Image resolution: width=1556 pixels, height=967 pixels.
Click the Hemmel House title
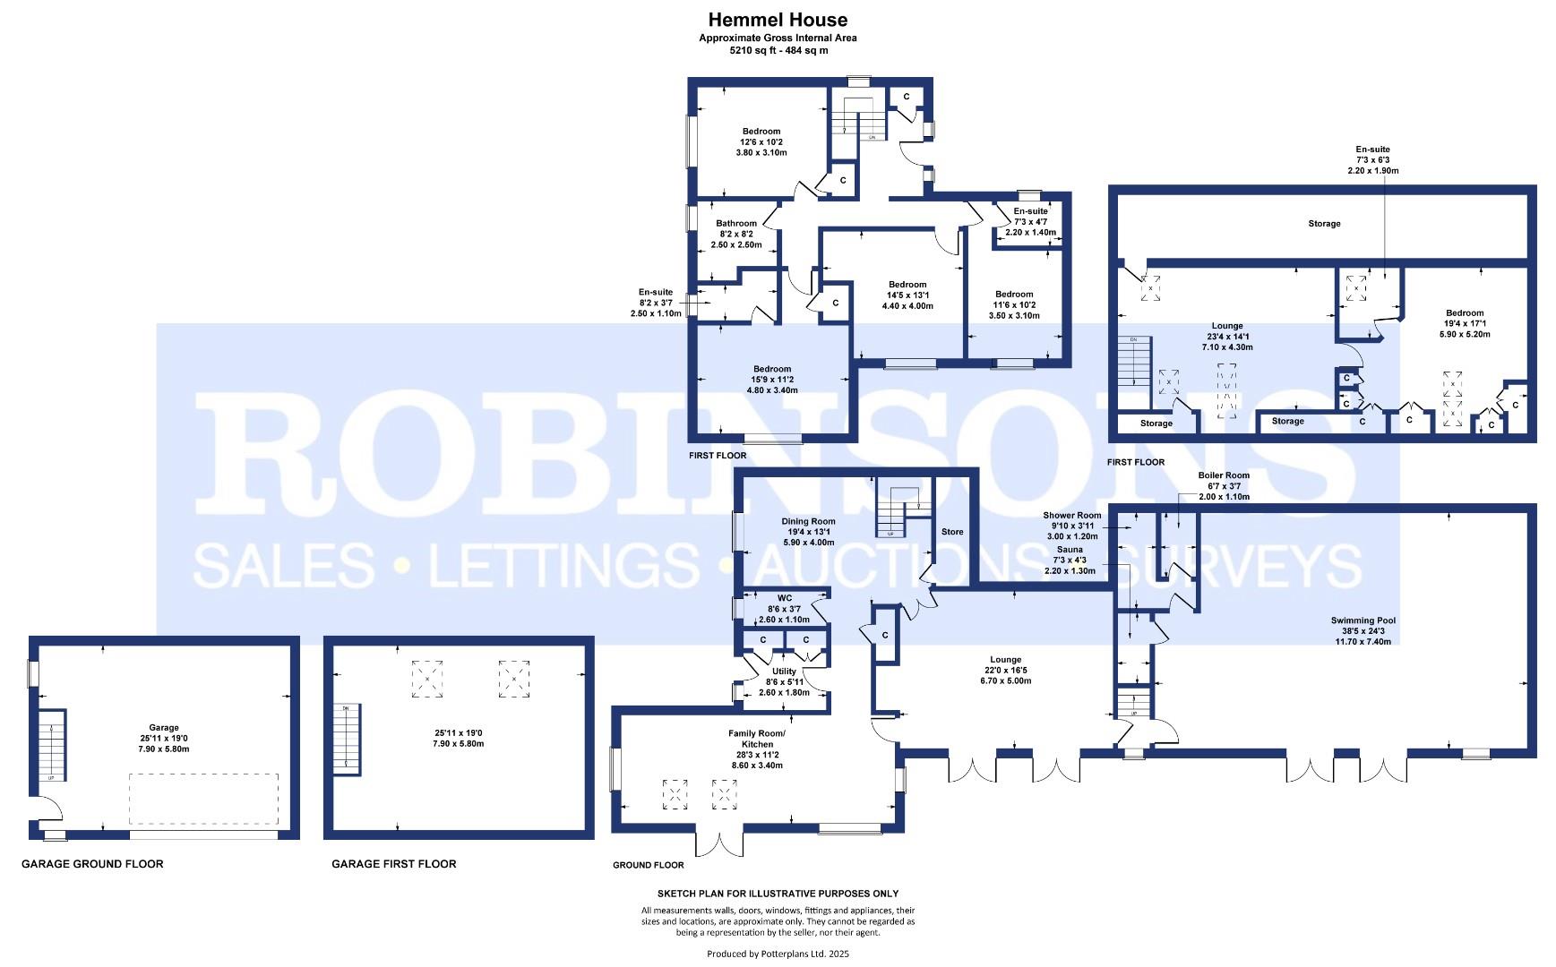point(778,20)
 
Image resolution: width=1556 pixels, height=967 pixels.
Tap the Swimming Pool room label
point(1363,620)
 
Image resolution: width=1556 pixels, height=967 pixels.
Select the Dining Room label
point(809,521)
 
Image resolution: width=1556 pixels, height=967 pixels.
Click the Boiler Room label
point(1224,475)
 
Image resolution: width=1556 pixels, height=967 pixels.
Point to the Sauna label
point(1070,550)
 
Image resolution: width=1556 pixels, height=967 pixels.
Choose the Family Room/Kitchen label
point(757,739)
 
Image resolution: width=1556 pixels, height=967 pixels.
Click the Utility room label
point(784,672)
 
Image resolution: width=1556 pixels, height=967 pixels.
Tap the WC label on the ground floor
point(785,598)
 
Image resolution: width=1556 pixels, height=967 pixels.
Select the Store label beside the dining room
point(952,532)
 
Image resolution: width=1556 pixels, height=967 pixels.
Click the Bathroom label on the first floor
point(736,224)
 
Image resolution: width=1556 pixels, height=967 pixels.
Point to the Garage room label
point(164,728)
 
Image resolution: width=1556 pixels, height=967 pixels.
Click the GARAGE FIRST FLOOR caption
point(394,864)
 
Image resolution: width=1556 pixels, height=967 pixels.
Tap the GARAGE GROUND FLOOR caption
point(92,864)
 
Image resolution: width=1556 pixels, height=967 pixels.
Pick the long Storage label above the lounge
point(1324,224)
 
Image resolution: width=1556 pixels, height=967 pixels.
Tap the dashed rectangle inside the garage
point(203,800)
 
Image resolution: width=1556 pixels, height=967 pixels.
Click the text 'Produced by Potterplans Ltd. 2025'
point(778,954)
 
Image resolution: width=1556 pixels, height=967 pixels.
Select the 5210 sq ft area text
point(778,50)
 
